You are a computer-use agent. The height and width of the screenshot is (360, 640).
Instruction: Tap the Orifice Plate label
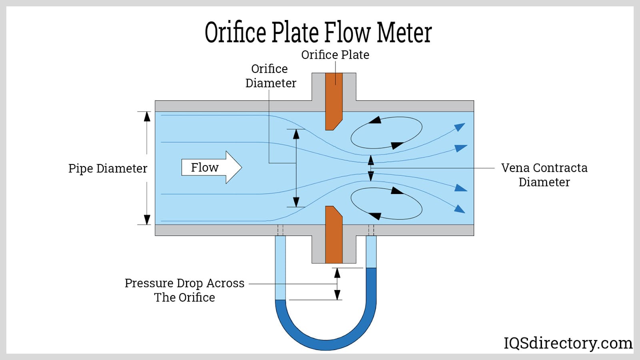[x=335, y=55]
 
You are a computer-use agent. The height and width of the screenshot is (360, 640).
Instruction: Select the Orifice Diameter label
[x=270, y=76]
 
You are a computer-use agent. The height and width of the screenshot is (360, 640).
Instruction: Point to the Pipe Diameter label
[x=108, y=168]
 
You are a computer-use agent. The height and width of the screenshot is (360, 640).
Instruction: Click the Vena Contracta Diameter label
[x=544, y=175]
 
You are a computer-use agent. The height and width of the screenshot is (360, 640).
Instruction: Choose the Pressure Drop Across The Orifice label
[x=184, y=290]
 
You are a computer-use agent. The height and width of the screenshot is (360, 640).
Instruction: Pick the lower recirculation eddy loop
[x=386, y=204]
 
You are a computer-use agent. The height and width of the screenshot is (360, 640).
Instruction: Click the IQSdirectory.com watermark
[x=568, y=343]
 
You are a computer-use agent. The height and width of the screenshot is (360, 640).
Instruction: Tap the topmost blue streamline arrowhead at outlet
[x=460, y=127]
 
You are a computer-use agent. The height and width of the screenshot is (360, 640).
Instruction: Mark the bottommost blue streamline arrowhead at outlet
[x=460, y=208]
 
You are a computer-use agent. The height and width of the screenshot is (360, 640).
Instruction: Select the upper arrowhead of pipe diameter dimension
[x=147, y=116]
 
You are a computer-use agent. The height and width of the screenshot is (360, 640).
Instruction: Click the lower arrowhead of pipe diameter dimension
[x=147, y=220]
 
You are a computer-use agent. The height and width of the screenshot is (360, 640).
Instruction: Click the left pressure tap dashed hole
[x=280, y=230]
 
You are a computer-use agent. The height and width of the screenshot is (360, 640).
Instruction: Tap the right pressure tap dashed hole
[x=371, y=230]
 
